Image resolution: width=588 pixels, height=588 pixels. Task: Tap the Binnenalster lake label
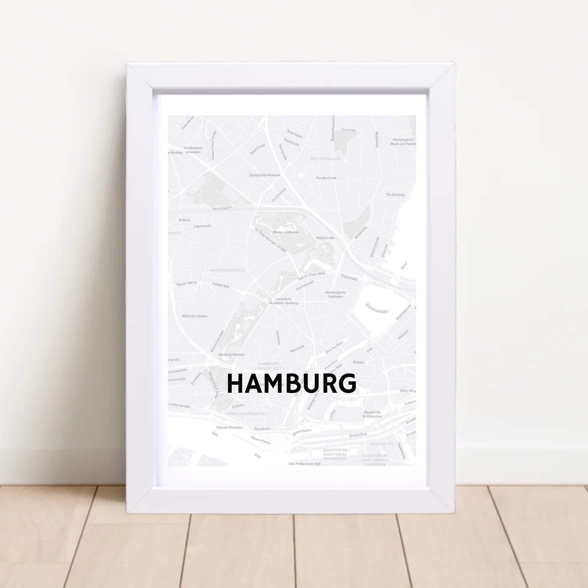(x=377, y=308)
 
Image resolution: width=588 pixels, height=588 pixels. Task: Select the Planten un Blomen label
(x=286, y=232)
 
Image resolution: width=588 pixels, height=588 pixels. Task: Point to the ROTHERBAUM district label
(x=326, y=159)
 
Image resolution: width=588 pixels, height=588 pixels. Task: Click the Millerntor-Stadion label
(x=195, y=316)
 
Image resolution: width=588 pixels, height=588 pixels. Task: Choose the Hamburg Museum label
(x=231, y=355)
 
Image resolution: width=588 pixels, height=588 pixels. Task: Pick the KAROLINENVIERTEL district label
(x=227, y=270)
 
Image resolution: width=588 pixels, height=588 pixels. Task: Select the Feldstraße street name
(x=221, y=285)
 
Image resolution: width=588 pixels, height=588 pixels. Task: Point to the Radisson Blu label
(x=325, y=238)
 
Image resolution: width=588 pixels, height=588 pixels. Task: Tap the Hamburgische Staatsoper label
(x=335, y=294)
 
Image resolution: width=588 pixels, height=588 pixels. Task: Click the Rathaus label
(x=359, y=362)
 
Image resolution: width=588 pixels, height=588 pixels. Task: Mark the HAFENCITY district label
(x=381, y=444)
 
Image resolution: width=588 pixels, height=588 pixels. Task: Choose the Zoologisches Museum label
(x=264, y=175)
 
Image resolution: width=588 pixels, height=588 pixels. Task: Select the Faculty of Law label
(x=326, y=178)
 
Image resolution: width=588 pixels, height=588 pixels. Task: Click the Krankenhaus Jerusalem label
(x=193, y=150)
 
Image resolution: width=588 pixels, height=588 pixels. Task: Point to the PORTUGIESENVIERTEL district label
(x=247, y=414)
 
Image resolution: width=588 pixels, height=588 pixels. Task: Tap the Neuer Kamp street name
(x=187, y=283)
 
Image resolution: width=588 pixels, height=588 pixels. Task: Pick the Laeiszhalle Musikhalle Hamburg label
(x=283, y=301)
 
